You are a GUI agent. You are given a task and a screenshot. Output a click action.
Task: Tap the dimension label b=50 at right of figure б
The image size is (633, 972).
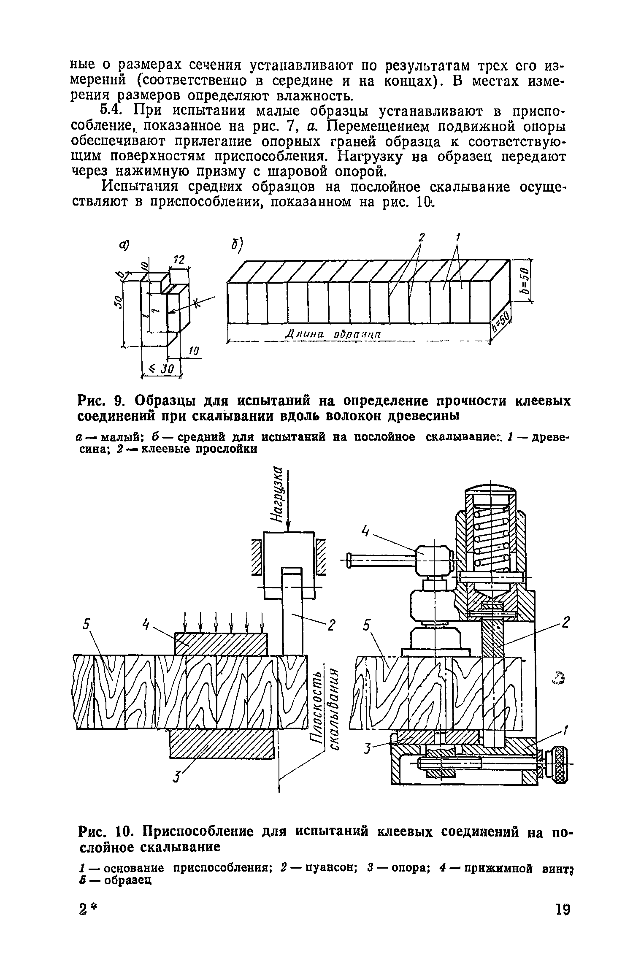(525, 281)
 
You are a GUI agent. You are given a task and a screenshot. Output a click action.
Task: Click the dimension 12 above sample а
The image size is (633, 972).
(180, 260)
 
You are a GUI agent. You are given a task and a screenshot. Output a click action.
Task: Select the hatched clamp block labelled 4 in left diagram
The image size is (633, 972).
(221, 644)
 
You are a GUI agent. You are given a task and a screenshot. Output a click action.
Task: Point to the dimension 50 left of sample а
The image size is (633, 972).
(119, 301)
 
